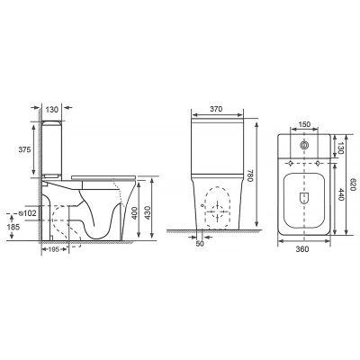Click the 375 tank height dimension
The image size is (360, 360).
pyautogui.click(x=24, y=149)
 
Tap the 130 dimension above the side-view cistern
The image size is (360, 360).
pyautogui.click(x=51, y=110)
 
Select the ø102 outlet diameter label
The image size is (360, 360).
pyautogui.click(x=27, y=213)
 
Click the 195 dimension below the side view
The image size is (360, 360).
pyautogui.click(x=54, y=249)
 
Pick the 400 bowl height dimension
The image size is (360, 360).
pyautogui.click(x=135, y=212)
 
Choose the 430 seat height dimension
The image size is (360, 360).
pyautogui.click(x=148, y=212)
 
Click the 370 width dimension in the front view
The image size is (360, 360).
pyautogui.click(x=216, y=109)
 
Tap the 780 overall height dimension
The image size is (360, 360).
pyautogui.click(x=251, y=175)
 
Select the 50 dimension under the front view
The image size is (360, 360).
pyautogui.click(x=200, y=244)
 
